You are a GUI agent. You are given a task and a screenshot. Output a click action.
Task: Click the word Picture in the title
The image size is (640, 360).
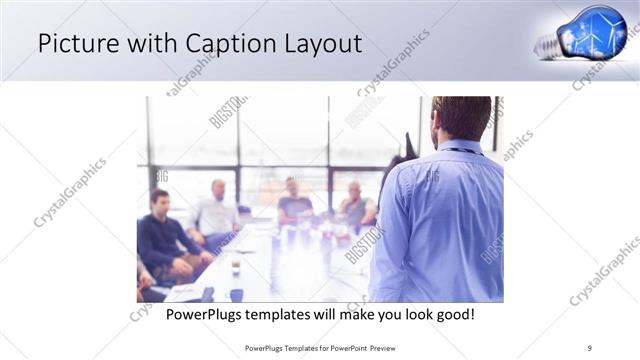pos(80,43)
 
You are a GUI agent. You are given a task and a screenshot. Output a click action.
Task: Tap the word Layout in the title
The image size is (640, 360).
pos(319,43)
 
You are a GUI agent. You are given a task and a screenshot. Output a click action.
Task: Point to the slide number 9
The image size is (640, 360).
pos(591,348)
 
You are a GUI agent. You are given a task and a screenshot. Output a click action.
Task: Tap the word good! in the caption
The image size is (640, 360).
pos(453,314)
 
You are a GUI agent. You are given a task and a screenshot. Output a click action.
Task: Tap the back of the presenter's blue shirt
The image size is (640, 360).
pos(437,220)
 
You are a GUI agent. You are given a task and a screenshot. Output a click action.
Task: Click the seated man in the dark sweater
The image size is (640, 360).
pos(163,235)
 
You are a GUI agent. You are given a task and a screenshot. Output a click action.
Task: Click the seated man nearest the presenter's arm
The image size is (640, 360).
pos(355,205)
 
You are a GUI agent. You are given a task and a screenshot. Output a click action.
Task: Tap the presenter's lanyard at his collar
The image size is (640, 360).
pos(462,150)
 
